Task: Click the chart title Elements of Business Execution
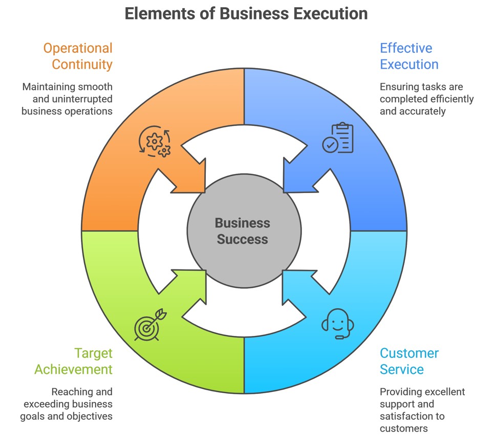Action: click(246, 13)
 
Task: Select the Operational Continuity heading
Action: click(77, 56)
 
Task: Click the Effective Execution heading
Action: click(409, 56)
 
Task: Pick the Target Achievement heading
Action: click(73, 361)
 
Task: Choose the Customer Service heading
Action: click(409, 361)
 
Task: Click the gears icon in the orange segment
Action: click(155, 141)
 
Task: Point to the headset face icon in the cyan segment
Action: click(338, 324)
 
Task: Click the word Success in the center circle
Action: click(242, 239)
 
